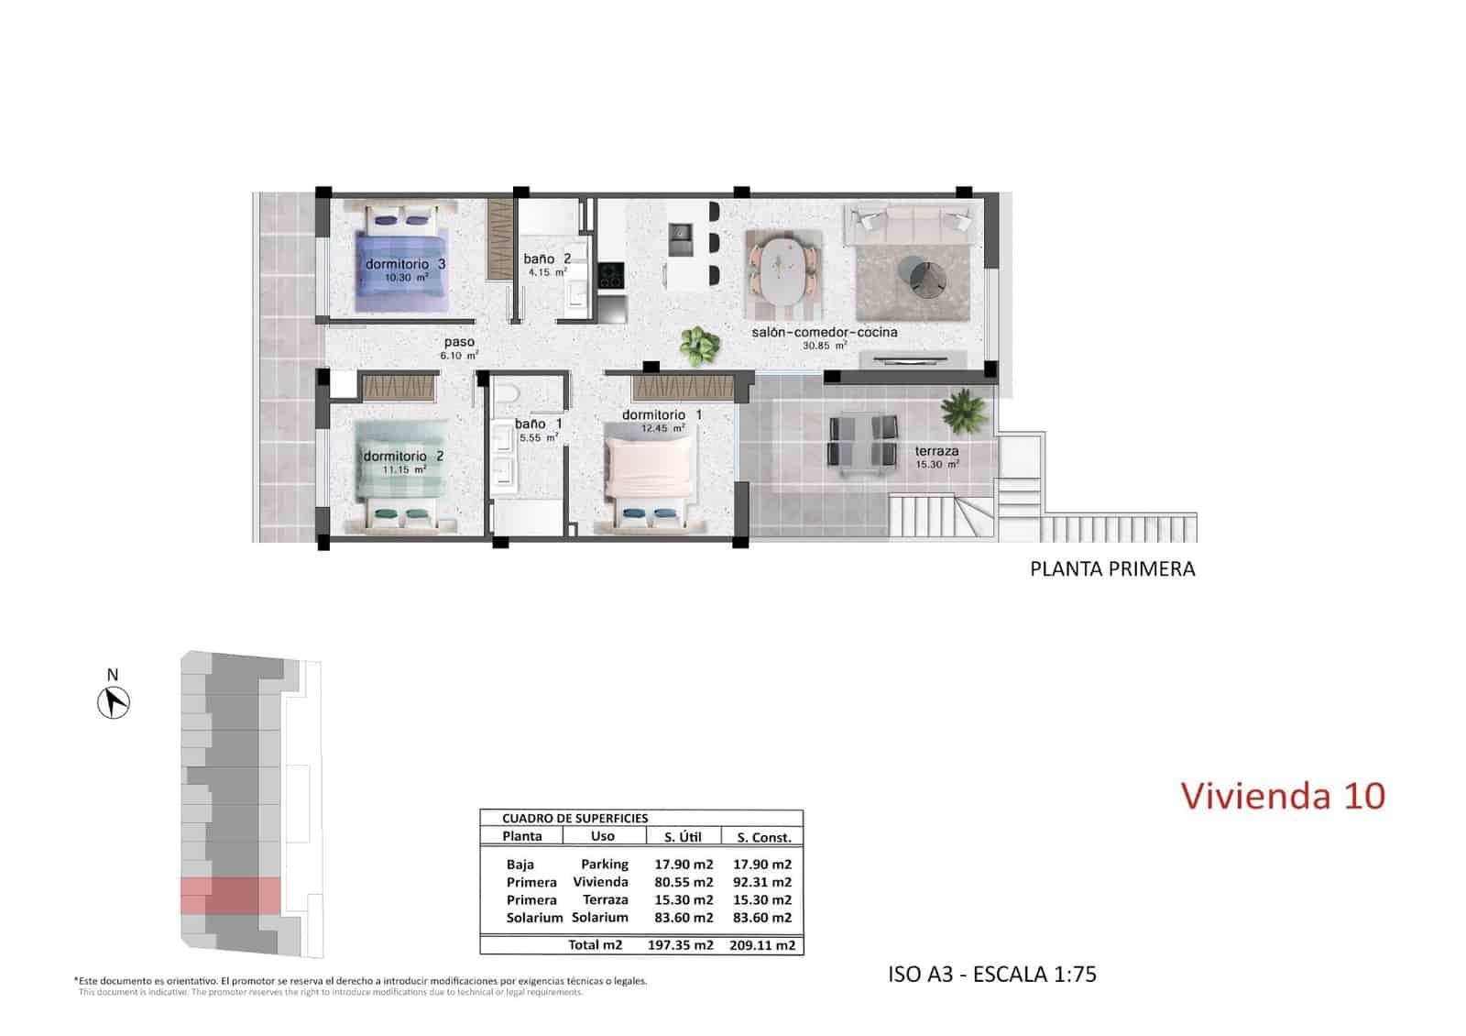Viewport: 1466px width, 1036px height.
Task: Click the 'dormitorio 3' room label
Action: (x=405, y=264)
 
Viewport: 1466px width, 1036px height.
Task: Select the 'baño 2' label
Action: (x=547, y=259)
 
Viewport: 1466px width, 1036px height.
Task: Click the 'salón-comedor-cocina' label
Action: (x=825, y=332)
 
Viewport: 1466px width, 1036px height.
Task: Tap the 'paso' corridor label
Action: (x=459, y=342)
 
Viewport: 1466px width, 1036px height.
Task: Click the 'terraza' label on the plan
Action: (x=936, y=451)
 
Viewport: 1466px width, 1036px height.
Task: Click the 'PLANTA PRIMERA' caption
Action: (x=1112, y=569)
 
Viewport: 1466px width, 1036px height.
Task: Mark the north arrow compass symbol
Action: (x=114, y=703)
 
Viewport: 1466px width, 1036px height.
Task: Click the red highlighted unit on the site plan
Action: (x=231, y=896)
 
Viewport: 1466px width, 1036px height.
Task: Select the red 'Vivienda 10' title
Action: (x=1283, y=795)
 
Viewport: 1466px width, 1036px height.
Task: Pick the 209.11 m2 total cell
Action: (x=761, y=945)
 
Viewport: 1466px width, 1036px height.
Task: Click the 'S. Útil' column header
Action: (x=682, y=836)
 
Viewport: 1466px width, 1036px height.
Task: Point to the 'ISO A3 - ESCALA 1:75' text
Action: (x=992, y=974)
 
